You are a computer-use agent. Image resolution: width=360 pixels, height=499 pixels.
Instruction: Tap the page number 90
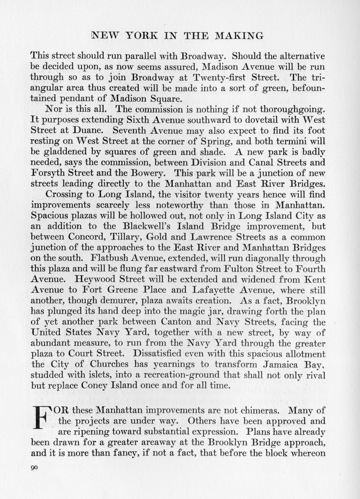coord(34,467)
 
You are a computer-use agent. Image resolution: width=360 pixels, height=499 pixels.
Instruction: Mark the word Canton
coord(176,322)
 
